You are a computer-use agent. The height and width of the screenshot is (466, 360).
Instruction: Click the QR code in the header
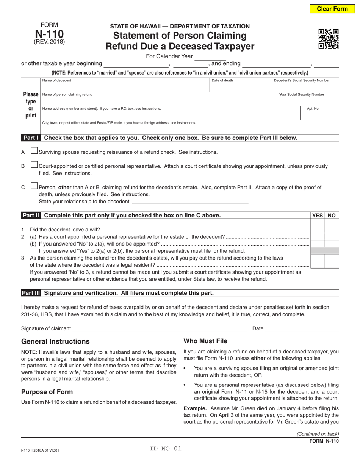(328, 39)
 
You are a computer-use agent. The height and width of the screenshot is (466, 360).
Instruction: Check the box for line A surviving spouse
(34, 151)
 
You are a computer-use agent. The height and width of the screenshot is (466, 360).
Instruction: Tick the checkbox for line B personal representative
(34, 165)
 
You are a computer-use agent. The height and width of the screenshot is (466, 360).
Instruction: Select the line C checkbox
(34, 186)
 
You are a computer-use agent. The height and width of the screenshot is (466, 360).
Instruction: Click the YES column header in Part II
(318, 216)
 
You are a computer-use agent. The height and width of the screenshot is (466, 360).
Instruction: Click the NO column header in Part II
(332, 216)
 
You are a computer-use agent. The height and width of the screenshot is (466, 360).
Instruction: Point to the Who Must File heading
(205, 341)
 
